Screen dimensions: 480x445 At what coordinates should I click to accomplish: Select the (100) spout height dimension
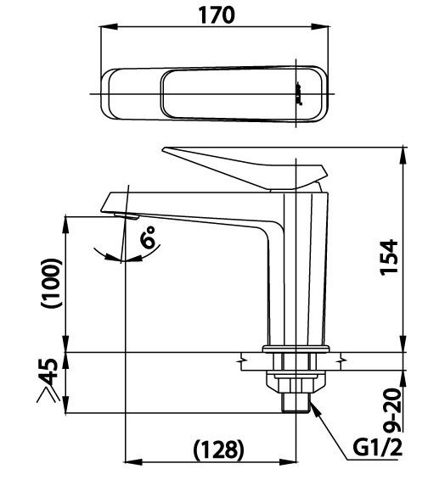51,283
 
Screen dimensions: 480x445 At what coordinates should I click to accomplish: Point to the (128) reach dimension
217,447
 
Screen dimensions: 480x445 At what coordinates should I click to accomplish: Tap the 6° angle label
150,241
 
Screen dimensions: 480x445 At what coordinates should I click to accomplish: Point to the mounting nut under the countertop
296,377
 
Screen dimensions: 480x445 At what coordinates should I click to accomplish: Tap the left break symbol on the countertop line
245,363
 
